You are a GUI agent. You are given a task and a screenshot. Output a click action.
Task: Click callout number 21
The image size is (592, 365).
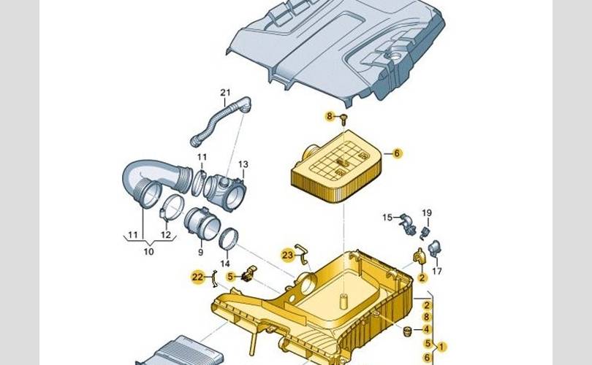click(225, 92)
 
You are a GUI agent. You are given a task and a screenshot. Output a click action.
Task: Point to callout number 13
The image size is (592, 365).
click(243, 164)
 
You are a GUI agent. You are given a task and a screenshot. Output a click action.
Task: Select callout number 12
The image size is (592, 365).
click(166, 235)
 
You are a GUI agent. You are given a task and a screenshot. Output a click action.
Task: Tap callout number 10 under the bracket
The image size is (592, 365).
click(148, 252)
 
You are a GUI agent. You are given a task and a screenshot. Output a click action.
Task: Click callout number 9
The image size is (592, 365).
click(200, 252)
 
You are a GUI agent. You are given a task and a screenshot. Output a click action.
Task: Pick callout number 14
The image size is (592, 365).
click(225, 264)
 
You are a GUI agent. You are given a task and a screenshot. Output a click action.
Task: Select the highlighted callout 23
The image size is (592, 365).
click(288, 254)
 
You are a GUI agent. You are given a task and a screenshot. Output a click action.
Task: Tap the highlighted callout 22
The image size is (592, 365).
click(197, 277)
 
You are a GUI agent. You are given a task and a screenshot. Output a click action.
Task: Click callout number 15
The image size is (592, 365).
click(387, 217)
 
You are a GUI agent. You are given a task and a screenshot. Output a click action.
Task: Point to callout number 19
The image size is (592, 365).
click(427, 212)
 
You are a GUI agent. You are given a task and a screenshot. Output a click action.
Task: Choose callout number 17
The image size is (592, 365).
click(437, 271)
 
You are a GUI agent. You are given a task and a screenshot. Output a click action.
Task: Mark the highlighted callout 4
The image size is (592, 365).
click(427, 330)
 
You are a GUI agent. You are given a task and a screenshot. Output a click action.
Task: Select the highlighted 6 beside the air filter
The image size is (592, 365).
click(397, 153)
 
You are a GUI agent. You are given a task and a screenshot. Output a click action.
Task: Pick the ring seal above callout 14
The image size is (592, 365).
click(229, 236)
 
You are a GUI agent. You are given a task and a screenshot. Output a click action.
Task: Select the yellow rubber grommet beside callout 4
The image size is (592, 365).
click(406, 334)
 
